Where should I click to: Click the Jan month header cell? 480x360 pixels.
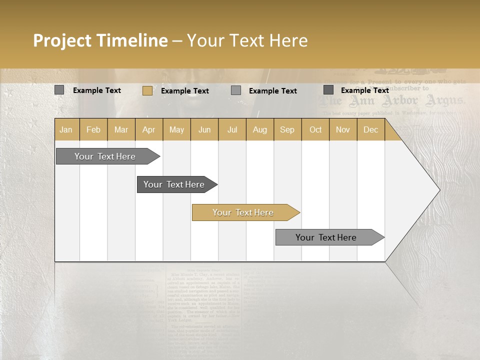coord(66,129)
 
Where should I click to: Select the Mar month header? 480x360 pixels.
coord(121,129)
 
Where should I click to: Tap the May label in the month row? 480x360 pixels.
coord(176,129)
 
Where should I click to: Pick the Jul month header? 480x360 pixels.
coord(232,129)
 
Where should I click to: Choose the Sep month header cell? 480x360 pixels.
coord(287,129)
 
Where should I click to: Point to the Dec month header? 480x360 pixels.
coord(370,129)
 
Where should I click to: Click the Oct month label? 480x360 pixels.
coord(315,129)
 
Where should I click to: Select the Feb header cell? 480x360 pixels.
coord(93,129)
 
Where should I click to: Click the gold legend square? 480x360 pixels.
coord(147,90)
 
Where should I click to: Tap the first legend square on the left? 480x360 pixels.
coord(59,90)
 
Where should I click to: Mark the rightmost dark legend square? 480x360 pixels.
coord(328,90)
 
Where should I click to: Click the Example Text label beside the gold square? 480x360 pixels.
coord(185,91)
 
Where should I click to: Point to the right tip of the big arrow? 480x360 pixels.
coord(438,190)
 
